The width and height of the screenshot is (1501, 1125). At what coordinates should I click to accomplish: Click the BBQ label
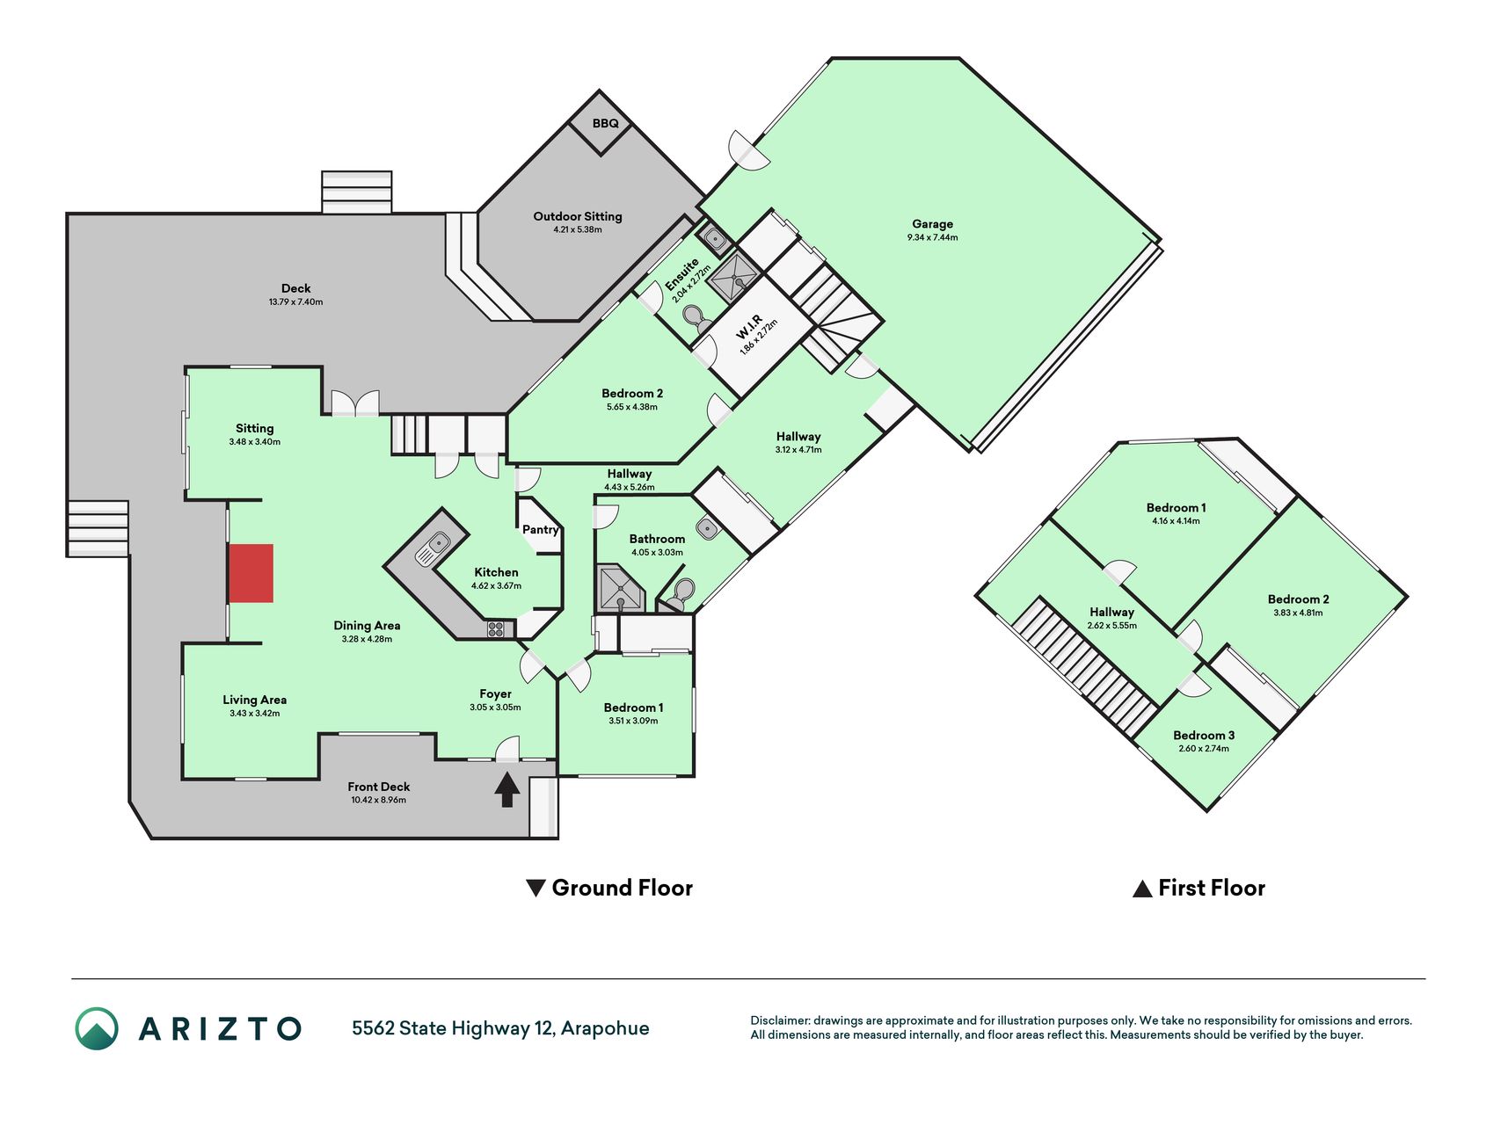605,123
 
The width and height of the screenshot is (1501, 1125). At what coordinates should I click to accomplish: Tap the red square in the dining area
251,573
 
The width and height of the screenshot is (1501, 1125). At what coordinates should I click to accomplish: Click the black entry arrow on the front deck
506,788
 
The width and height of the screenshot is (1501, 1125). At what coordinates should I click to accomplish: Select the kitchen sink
432,548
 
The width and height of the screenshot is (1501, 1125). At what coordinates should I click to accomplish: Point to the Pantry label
540,529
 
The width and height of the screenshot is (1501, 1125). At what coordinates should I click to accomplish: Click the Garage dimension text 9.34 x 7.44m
932,237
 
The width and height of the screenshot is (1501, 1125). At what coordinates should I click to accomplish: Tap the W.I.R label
748,327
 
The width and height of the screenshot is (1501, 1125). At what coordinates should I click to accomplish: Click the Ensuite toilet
697,319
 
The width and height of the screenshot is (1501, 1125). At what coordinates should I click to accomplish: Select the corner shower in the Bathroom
620,589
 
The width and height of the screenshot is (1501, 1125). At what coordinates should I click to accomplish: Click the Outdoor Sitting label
578,216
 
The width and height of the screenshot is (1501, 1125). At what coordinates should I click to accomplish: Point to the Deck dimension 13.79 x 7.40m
295,301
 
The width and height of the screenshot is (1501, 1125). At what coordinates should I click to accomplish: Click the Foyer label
495,693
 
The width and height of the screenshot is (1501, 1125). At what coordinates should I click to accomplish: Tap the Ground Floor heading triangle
536,888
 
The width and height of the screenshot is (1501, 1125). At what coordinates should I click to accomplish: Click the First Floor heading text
1212,888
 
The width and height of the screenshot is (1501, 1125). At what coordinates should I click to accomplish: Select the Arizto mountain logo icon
97,1028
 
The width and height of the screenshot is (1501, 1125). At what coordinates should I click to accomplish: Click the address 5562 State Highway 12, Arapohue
500,1028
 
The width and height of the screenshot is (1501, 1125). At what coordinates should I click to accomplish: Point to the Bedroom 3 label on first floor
1204,735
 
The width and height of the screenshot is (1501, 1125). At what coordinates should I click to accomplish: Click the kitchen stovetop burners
496,628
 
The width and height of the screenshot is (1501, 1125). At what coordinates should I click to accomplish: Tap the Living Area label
254,700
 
